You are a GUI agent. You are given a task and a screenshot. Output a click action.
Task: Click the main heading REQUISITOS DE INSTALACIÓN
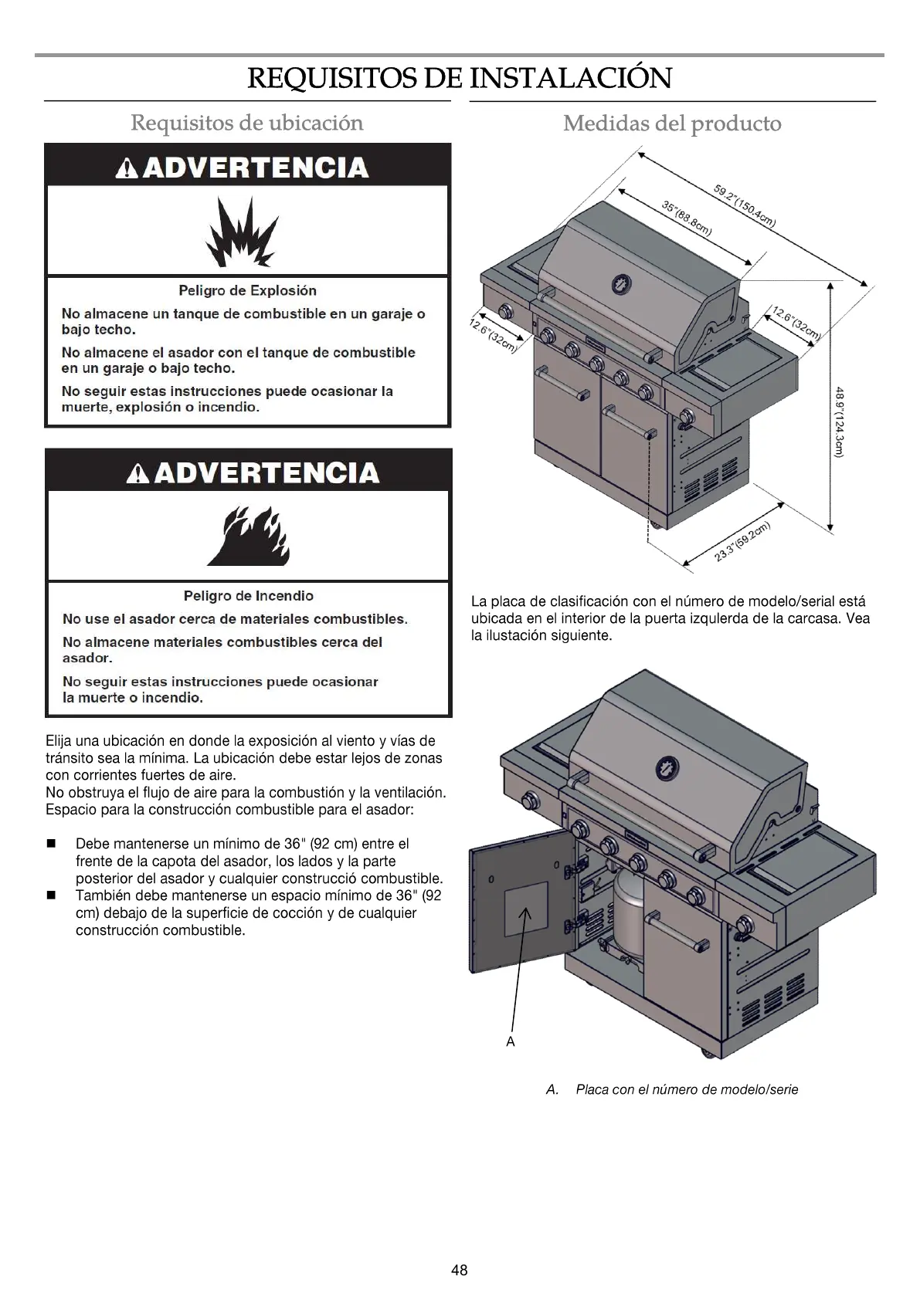pos(460,78)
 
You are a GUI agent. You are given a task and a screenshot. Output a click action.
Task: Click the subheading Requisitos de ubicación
pos(246,123)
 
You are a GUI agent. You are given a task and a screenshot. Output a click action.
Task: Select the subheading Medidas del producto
pos(672,124)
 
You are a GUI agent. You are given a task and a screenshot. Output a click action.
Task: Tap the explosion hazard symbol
pos(240,231)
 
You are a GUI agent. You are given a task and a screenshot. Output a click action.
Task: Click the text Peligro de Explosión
pos(247,291)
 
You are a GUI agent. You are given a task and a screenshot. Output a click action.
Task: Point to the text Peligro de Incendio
pos(248,596)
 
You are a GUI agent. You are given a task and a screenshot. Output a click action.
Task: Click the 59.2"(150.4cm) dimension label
pos(743,205)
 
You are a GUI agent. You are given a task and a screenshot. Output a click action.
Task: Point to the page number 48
pos(460,1270)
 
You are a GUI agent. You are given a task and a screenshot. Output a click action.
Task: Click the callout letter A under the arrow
pos(511,1041)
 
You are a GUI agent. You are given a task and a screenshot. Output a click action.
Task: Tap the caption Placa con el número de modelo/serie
pos(686,1089)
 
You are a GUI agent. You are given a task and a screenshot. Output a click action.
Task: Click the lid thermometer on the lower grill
pos(667,768)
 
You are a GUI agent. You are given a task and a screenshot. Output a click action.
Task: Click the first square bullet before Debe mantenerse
pos(53,844)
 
